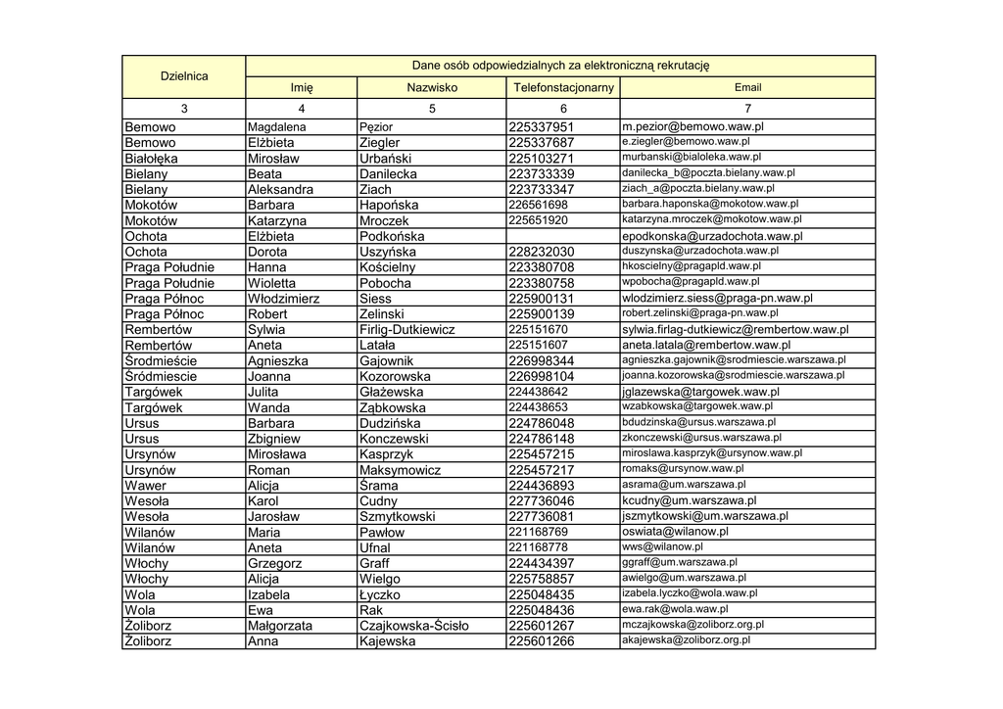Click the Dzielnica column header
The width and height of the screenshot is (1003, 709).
[184, 76]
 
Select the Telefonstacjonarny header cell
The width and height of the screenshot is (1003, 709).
[563, 88]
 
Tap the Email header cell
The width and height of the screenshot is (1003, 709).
[747, 88]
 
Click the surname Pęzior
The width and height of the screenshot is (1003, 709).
[376, 127]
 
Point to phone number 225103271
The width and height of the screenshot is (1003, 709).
[542, 159]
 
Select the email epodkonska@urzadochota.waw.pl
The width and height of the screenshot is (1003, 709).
[712, 237]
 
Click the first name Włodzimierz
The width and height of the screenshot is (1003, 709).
[283, 299]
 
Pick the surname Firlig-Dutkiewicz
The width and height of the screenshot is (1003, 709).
[407, 330]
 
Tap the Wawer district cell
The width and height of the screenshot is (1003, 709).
[146, 486]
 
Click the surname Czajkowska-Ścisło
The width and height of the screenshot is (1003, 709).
[414, 626]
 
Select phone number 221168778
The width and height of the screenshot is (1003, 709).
[538, 547]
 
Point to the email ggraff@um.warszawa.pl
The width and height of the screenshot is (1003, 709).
[680, 563]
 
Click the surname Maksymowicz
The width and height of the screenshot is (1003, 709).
[400, 470]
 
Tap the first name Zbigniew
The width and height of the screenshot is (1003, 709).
[274, 439]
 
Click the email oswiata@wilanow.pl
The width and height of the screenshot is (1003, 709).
[675, 532]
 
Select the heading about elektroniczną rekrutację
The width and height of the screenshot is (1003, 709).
[559, 66]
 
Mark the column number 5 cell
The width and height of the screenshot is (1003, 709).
[432, 109]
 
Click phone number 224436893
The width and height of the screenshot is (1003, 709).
[542, 486]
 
